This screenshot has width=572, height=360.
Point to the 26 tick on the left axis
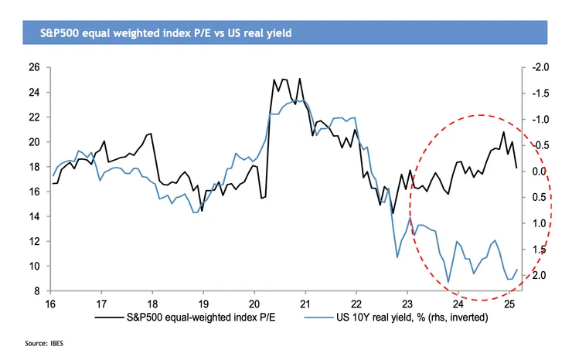[x=35, y=67]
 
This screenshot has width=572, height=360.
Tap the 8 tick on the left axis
[x=37, y=291]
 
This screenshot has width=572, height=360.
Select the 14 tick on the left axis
[x=35, y=216]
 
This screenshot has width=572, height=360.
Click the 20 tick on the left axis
[x=35, y=142]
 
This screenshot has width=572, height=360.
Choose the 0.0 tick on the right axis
[x=540, y=172]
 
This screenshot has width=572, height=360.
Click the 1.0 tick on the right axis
[x=540, y=223]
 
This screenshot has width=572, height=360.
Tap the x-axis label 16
[x=51, y=303]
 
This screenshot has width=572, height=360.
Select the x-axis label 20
[x=254, y=303]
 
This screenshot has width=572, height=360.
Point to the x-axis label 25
[x=508, y=303]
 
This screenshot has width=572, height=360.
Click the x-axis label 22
[x=356, y=303]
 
